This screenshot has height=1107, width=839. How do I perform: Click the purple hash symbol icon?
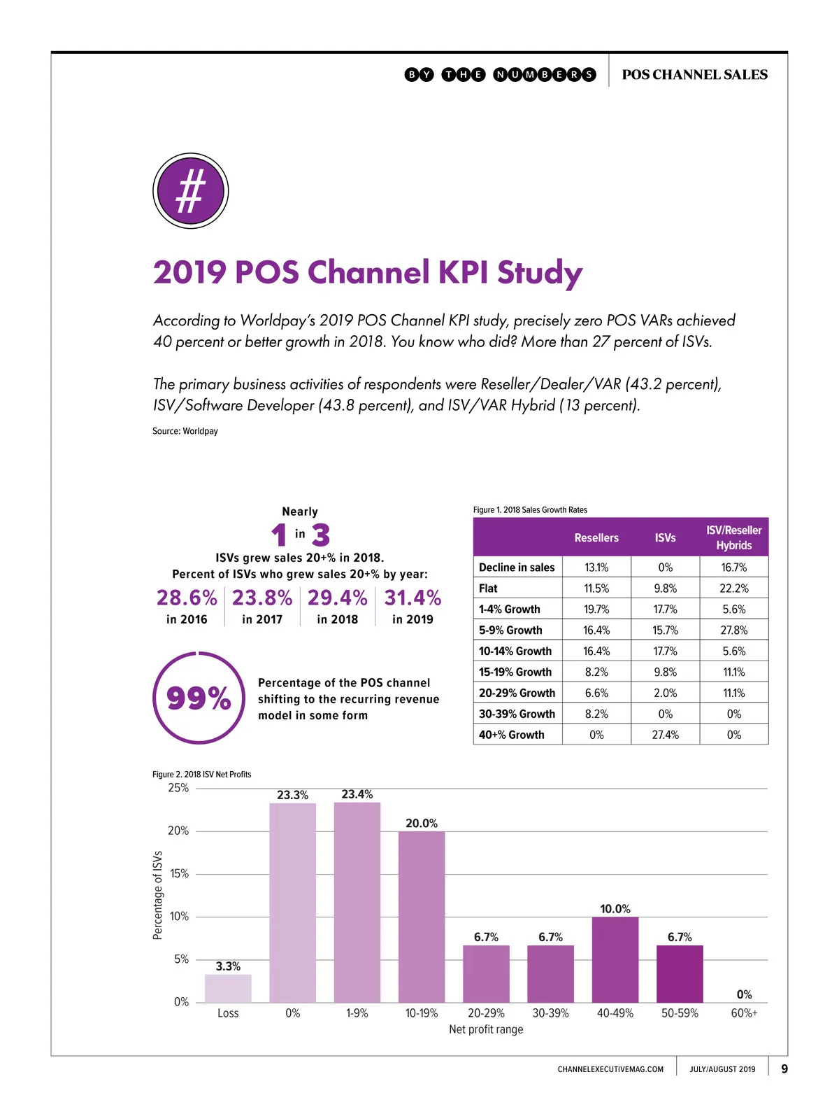point(190,191)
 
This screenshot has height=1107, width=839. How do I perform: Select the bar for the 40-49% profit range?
point(615,959)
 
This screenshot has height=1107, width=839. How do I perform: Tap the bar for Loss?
point(228,988)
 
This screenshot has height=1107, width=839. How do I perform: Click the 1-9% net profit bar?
point(357,903)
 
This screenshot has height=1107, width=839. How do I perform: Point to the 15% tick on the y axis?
point(179,874)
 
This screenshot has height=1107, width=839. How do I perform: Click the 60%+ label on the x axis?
point(744,1013)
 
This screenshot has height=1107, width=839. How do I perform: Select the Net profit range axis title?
point(486,1029)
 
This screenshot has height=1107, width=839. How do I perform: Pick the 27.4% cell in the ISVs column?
point(665,735)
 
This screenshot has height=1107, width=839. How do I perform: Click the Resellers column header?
point(596,538)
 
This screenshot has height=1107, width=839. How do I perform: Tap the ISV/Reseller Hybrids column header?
point(733,537)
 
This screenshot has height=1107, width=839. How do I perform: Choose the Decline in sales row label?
point(517,567)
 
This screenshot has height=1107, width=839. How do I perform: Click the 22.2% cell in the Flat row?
point(733,588)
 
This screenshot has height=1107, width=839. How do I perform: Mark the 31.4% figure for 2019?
point(413,598)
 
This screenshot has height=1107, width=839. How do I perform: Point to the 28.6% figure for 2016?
point(187,598)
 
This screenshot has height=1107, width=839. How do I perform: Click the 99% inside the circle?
point(199,698)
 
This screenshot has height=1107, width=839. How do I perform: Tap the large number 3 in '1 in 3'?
point(321,535)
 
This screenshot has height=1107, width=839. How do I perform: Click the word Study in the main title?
point(539,273)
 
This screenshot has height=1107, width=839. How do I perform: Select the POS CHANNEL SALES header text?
point(694,75)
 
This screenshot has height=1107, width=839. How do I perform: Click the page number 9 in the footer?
point(784,1069)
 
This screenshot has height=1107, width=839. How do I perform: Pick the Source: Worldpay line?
point(185,431)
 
